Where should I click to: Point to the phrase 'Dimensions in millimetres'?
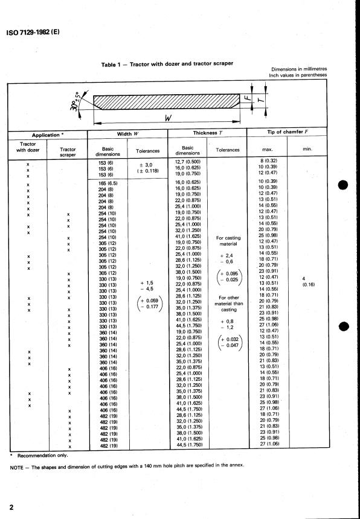pos(299,69)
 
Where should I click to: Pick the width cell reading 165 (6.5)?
pos(106,181)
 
